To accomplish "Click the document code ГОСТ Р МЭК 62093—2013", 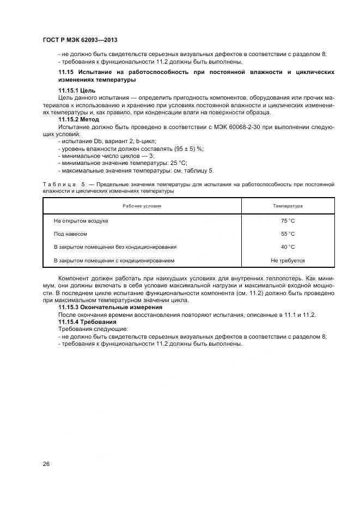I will click(x=80, y=40).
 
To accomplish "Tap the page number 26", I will click(x=46, y=464).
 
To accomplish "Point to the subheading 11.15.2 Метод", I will click(x=78, y=119).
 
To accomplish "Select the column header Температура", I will click(x=288, y=206).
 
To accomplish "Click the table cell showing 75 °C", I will click(x=288, y=221).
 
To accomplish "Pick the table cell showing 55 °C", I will click(x=288, y=234).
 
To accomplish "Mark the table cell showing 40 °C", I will click(x=288, y=247).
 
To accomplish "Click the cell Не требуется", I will click(x=288, y=261).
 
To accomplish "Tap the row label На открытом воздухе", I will click(x=81, y=221).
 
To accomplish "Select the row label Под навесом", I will click(x=70, y=234).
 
